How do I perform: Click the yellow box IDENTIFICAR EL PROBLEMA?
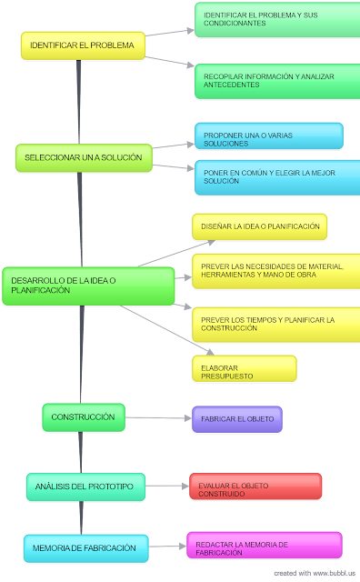pyautogui.click(x=83, y=45)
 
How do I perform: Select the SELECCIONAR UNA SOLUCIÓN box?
pyautogui.click(x=83, y=157)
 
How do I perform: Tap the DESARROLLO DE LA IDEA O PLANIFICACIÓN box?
pyautogui.click(x=87, y=286)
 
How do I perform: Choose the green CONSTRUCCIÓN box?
pyautogui.click(x=83, y=417)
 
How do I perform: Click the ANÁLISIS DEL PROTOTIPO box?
pyautogui.click(x=85, y=487)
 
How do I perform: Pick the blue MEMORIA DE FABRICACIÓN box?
pyautogui.click(x=85, y=547)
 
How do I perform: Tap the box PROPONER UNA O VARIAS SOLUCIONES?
pyautogui.click(x=268, y=136)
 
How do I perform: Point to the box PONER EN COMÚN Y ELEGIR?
pyautogui.click(x=277, y=177)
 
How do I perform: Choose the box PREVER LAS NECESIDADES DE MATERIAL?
pyautogui.click(x=273, y=270)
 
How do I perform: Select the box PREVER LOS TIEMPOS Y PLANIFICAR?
pyautogui.click(x=273, y=324)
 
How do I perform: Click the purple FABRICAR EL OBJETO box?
pyautogui.click(x=236, y=419)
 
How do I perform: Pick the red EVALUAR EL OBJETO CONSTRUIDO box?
pyautogui.click(x=255, y=487)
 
